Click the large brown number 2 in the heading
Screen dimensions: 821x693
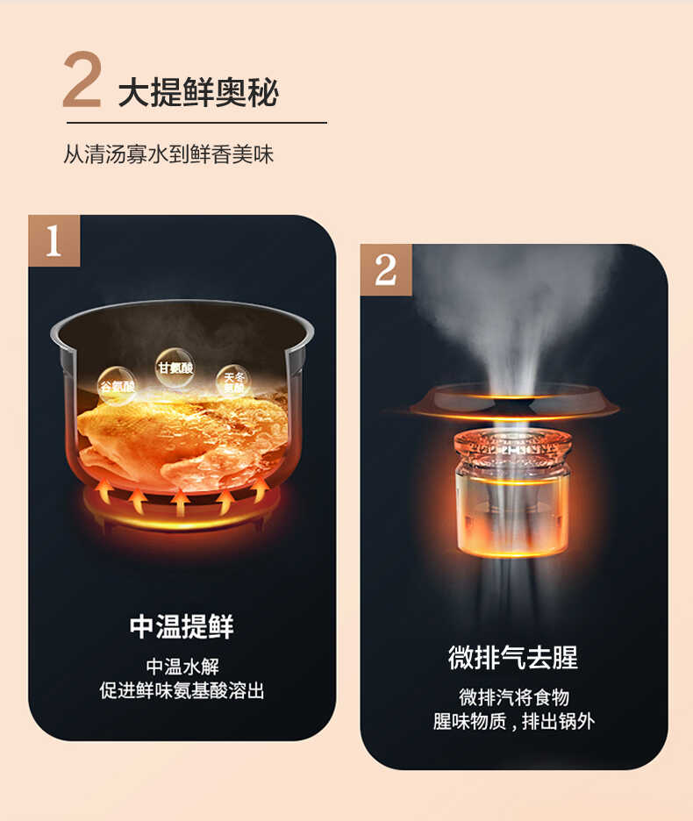(x=82, y=82)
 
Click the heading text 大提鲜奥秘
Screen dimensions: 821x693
(x=198, y=92)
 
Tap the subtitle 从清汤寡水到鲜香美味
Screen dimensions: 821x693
(x=168, y=154)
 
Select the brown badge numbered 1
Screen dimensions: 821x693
(x=54, y=240)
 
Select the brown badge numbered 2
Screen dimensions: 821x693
(x=386, y=269)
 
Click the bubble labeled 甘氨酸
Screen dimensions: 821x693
(x=175, y=367)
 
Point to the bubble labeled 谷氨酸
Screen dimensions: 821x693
(x=117, y=385)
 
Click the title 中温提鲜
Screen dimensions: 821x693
(x=182, y=626)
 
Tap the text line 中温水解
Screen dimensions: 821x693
(x=182, y=666)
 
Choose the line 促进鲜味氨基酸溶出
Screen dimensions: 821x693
(x=182, y=690)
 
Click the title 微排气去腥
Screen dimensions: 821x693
(x=513, y=657)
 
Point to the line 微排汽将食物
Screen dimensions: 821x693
(x=513, y=697)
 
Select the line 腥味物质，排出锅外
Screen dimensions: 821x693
(x=513, y=722)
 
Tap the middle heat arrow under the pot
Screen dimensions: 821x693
(x=181, y=503)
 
